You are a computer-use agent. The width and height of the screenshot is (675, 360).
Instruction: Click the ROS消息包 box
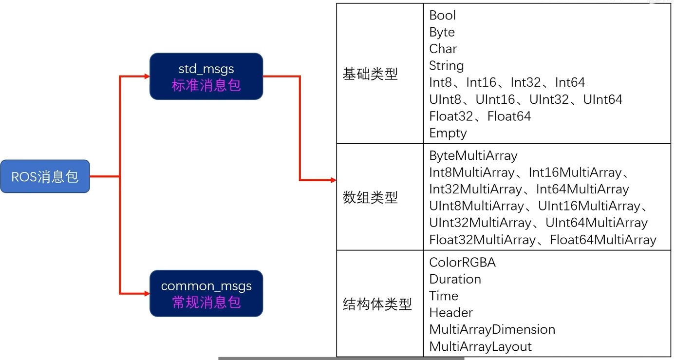[45, 176]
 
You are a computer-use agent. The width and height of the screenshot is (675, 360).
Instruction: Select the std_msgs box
[206, 76]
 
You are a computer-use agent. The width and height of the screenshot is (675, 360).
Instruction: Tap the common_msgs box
[206, 293]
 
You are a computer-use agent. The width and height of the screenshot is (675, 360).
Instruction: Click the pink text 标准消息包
[206, 85]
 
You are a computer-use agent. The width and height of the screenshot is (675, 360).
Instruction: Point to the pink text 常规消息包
[206, 302]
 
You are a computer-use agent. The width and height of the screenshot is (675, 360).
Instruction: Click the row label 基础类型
[370, 74]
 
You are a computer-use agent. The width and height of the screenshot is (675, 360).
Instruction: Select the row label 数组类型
[370, 197]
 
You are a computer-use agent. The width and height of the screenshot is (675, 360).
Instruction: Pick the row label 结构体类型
[377, 304]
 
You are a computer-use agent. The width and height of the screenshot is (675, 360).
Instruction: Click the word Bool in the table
[442, 16]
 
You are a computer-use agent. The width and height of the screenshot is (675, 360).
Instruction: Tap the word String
[446, 66]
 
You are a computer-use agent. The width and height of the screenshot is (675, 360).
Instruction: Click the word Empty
[448, 133]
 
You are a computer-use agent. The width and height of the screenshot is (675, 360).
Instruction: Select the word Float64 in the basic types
[509, 116]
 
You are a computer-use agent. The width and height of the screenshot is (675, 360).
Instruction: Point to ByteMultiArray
[473, 156]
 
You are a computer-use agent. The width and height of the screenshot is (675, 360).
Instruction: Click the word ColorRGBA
[462, 263]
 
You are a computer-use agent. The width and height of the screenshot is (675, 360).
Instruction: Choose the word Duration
[455, 279]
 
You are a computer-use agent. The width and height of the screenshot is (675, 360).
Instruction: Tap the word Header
[451, 313]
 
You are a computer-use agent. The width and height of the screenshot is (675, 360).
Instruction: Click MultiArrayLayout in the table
[480, 346]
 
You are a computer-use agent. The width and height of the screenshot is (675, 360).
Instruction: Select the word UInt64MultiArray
[596, 223]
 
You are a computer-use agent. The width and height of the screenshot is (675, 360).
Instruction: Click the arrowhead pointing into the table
[334, 180]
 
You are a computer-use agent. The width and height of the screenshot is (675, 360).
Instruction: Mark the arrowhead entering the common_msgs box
[147, 294]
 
